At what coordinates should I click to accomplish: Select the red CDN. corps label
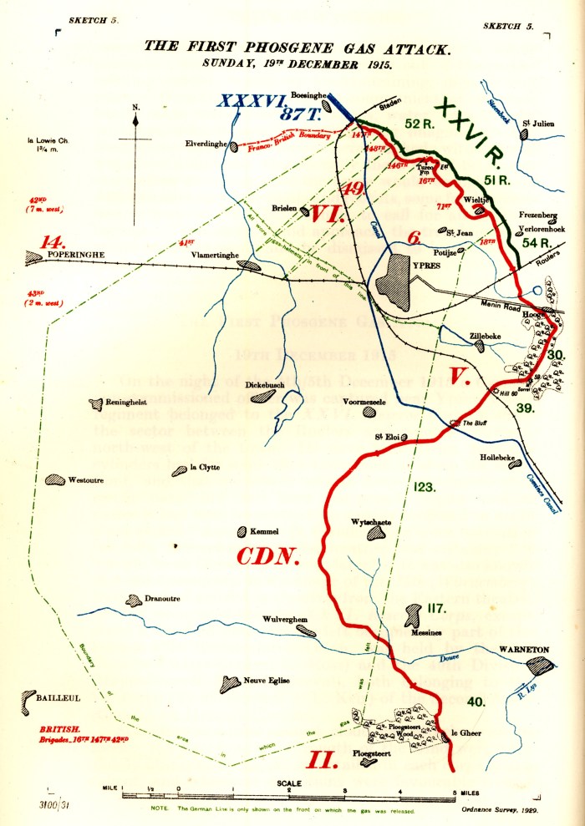(x=267, y=555)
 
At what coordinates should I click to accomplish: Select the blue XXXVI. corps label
(x=248, y=101)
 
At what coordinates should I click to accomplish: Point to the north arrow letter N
(x=135, y=107)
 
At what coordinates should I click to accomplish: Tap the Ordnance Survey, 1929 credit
(x=499, y=809)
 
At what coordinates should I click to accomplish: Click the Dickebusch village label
(x=263, y=386)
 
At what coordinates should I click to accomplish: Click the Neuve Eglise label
(x=267, y=681)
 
